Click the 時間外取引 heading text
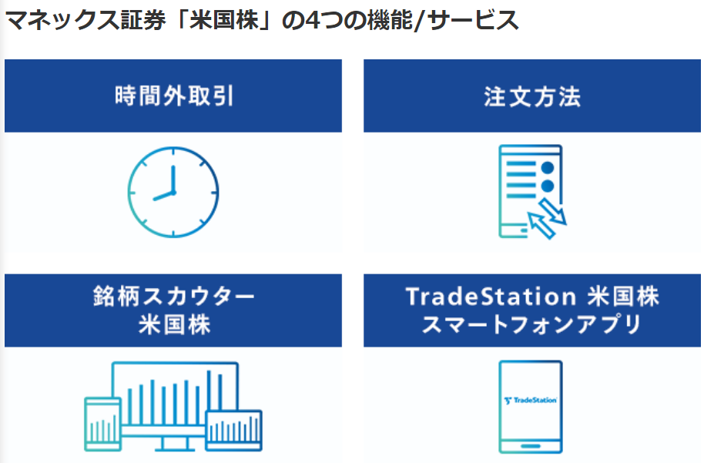(x=174, y=96)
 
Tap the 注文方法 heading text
(x=532, y=96)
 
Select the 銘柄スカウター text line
(x=174, y=297)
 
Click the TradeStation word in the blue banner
(x=491, y=297)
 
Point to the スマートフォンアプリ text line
(x=532, y=324)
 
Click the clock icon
(x=173, y=192)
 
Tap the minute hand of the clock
(x=173, y=179)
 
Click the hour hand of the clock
(x=163, y=196)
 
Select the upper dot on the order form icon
(x=548, y=167)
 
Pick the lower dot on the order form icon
(x=548, y=186)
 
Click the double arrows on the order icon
(x=548, y=218)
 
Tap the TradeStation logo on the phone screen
(x=530, y=400)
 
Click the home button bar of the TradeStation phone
(x=530, y=446)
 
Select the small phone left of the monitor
(x=102, y=424)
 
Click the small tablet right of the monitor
(x=234, y=430)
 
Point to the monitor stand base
(x=175, y=448)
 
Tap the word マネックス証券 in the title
(x=85, y=20)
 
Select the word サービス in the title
(x=473, y=20)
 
